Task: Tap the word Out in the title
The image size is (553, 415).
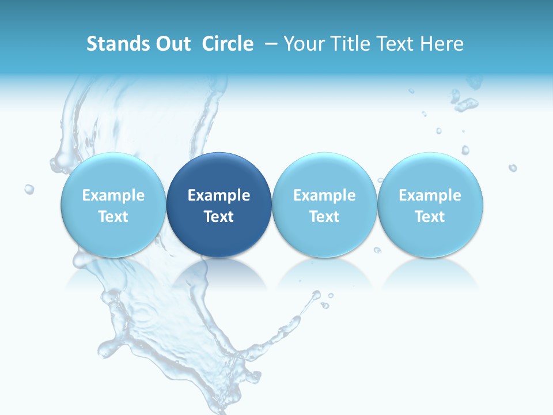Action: pyautogui.click(x=172, y=44)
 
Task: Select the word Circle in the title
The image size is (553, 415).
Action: pyautogui.click(x=228, y=44)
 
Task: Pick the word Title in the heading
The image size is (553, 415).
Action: pyautogui.click(x=353, y=44)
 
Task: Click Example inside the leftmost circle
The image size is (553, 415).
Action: pyautogui.click(x=113, y=195)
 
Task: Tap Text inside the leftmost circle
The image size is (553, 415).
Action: pyautogui.click(x=113, y=217)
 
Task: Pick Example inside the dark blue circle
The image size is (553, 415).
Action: pyautogui.click(x=219, y=195)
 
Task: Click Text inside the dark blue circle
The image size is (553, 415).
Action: pyautogui.click(x=219, y=217)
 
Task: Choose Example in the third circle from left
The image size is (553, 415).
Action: pyautogui.click(x=324, y=195)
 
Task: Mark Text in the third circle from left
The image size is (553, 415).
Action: pyautogui.click(x=324, y=217)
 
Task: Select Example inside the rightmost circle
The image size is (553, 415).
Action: pyautogui.click(x=430, y=195)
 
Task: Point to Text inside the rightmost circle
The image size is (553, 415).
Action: pyautogui.click(x=430, y=217)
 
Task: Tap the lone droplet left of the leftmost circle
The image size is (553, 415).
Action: pyautogui.click(x=29, y=189)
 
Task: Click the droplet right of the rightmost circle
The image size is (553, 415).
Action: pyautogui.click(x=512, y=168)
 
